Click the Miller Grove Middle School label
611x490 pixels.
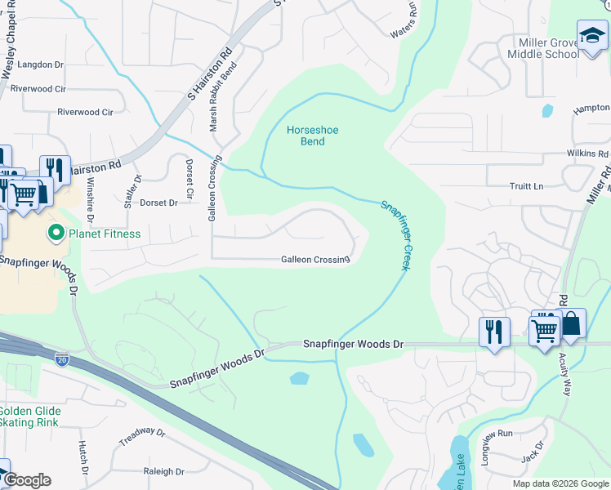point(548,48)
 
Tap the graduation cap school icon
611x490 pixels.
point(592,36)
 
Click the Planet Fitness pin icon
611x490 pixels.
point(56,234)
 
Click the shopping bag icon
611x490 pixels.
point(571,324)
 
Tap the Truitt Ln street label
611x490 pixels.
point(526,186)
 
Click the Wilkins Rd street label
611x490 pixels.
point(587,154)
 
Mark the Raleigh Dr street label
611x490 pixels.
point(163,471)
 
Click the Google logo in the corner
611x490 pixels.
point(27,479)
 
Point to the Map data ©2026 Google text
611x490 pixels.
point(560,483)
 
